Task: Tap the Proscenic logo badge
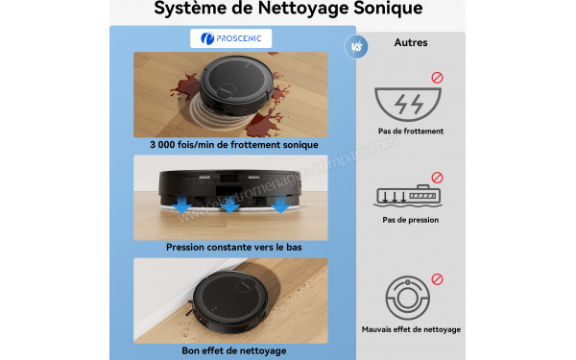[x=231, y=39]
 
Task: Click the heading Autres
[x=411, y=43]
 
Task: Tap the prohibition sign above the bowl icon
[x=438, y=77]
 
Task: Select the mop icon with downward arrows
[x=410, y=196]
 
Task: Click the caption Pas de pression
[x=411, y=220]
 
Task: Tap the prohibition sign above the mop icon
[x=438, y=178]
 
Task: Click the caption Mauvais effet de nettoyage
[x=411, y=329]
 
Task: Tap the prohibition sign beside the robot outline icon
[x=438, y=279]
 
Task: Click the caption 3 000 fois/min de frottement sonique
[x=233, y=145]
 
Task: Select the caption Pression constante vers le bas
[x=233, y=248]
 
